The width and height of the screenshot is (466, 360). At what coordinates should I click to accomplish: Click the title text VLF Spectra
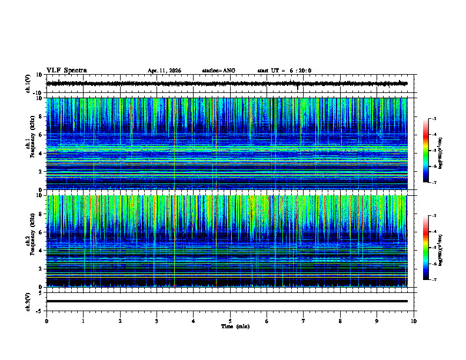click(x=66, y=71)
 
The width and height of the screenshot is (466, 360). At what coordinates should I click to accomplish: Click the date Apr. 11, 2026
click(x=164, y=71)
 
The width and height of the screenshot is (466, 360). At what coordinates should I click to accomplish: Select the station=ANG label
click(x=218, y=71)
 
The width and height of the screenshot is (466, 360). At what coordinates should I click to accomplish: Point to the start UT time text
click(x=284, y=71)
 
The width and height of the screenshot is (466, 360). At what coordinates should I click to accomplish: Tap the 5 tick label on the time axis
click(x=230, y=321)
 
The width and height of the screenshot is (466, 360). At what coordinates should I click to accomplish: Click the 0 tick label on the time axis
click(x=46, y=321)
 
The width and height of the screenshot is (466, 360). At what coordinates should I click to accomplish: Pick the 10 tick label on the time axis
click(x=414, y=321)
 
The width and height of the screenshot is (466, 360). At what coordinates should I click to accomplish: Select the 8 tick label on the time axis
click(x=340, y=321)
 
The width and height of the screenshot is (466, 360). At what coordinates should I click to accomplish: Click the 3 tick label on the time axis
click(x=157, y=321)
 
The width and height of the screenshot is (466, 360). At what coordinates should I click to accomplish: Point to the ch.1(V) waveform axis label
click(x=28, y=84)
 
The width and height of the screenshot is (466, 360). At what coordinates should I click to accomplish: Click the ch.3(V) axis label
click(x=28, y=301)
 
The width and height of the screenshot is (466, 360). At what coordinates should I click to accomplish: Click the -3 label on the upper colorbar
click(x=434, y=119)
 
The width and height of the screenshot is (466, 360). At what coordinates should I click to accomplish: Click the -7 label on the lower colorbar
click(x=434, y=280)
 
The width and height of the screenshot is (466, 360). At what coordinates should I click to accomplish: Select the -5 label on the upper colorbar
click(x=434, y=151)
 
